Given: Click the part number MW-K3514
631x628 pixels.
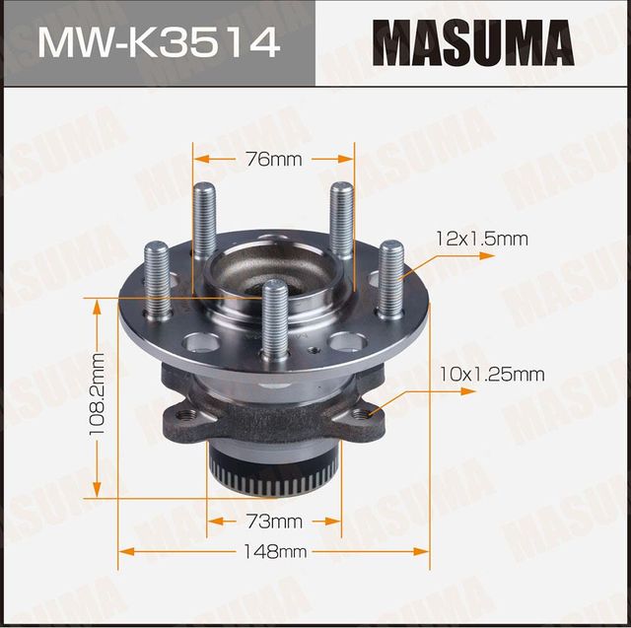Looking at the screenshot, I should pyautogui.click(x=158, y=42).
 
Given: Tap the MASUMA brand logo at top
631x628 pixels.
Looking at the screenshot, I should pyautogui.click(x=472, y=42).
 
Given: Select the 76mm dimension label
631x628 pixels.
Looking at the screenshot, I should pyautogui.click(x=273, y=158).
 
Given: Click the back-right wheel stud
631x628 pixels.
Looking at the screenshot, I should pyautogui.click(x=341, y=219).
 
